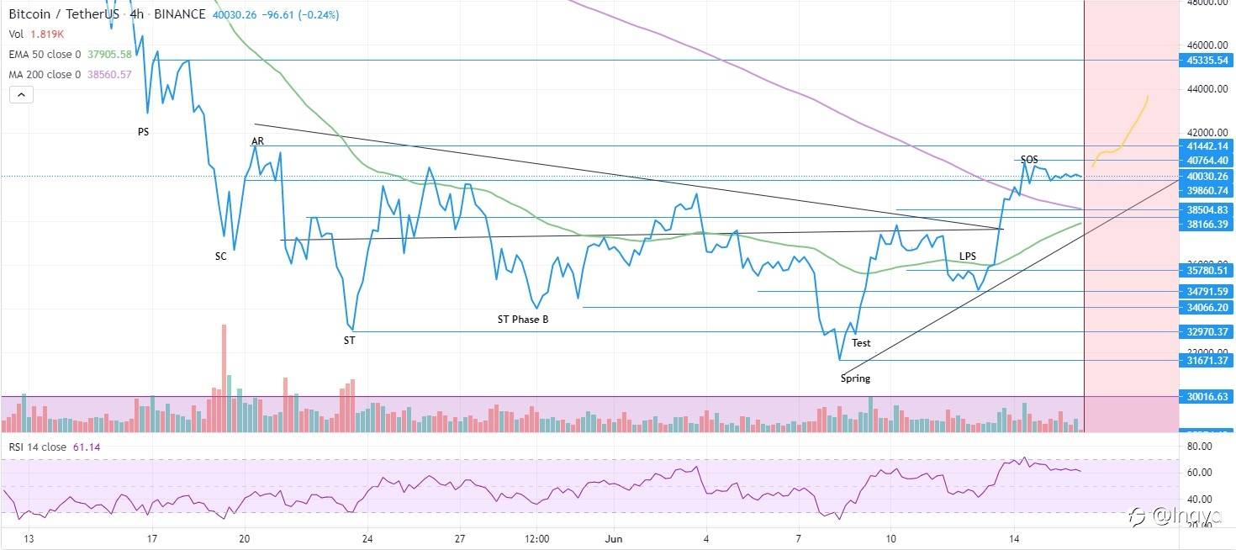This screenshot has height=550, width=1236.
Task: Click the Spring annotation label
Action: [x=855, y=378]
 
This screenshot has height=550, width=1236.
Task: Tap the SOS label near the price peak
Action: [x=1029, y=159]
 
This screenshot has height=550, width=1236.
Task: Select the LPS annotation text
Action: [x=969, y=256]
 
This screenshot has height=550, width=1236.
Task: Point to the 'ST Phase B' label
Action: [x=523, y=320]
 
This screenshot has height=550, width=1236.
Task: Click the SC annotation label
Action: [x=220, y=256]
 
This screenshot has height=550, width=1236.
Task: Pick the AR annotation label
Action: [x=257, y=141]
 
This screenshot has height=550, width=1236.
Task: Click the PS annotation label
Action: [x=143, y=132]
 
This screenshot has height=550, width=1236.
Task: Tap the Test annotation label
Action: [x=861, y=343]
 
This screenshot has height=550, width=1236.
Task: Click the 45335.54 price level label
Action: [x=1206, y=61]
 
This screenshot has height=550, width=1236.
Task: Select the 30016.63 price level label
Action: [x=1206, y=396]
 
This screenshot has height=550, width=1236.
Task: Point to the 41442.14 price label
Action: [x=1206, y=146]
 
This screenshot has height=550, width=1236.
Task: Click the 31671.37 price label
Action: [x=1206, y=361]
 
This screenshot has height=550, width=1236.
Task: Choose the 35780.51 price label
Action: [x=1206, y=271]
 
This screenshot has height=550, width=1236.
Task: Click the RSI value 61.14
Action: [x=87, y=447]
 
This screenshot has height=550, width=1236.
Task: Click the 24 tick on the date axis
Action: [x=367, y=539]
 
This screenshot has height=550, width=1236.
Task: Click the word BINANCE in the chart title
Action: [x=181, y=14]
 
